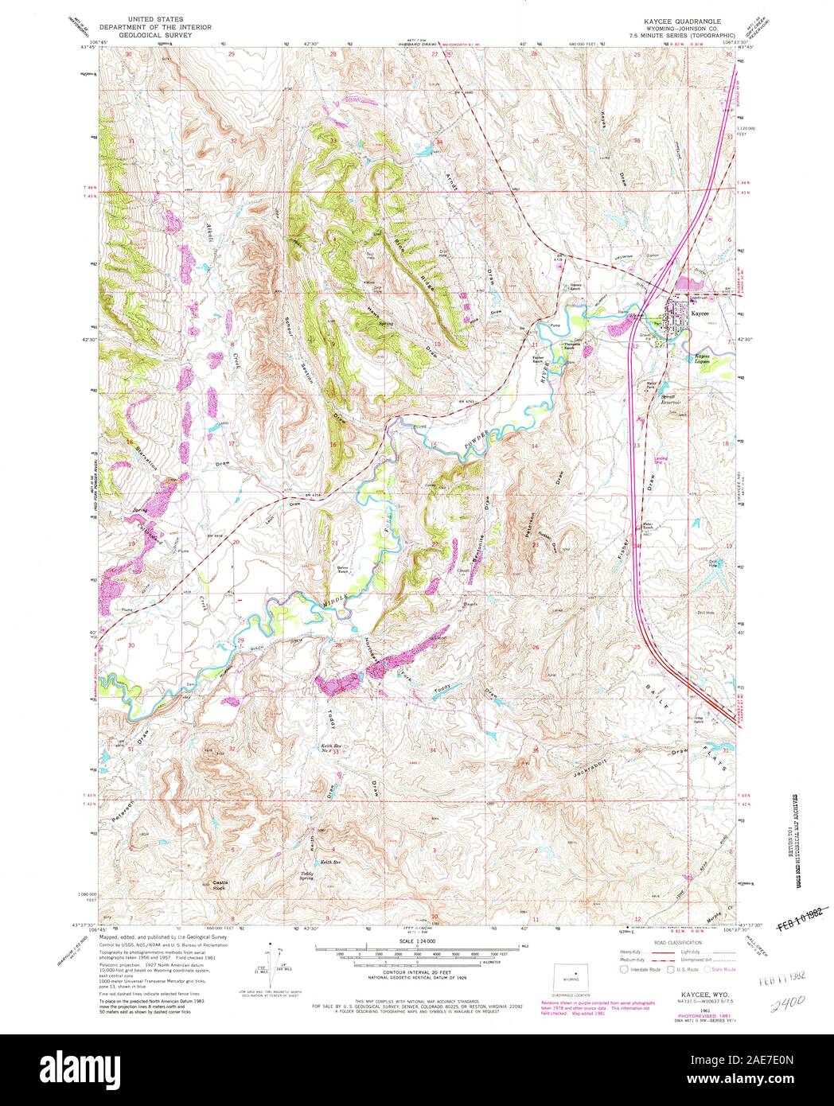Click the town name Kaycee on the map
click(701, 313)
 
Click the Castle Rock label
click(219, 884)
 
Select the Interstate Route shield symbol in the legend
click(624, 970)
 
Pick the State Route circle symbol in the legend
click(705, 970)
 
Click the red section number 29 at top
click(232, 54)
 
